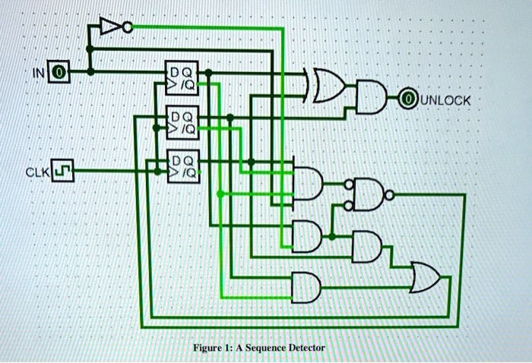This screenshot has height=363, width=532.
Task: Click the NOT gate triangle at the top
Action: click(111, 28)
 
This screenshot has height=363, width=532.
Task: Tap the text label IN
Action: click(40, 74)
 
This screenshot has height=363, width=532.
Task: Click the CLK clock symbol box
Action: click(63, 172)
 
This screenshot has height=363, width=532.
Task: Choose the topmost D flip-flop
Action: click(182, 78)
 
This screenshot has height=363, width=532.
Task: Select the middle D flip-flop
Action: click(182, 123)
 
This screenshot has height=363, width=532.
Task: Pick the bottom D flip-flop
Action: click(182, 167)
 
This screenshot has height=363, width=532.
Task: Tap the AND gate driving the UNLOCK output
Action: click(373, 98)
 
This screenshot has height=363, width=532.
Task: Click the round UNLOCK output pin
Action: click(410, 99)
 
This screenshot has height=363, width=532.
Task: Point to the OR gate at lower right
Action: click(426, 277)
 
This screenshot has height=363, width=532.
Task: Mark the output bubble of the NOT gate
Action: click(128, 28)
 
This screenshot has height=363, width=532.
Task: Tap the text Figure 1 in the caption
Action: click(211, 347)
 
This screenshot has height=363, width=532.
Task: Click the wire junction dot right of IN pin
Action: click(90, 72)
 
